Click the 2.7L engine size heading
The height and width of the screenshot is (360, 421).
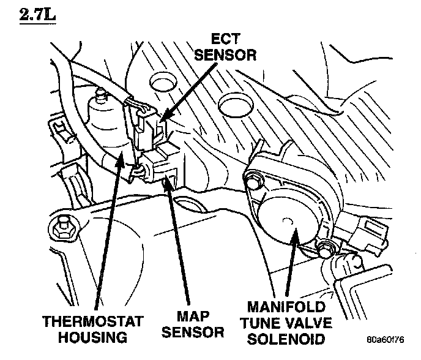pos(37,14)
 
